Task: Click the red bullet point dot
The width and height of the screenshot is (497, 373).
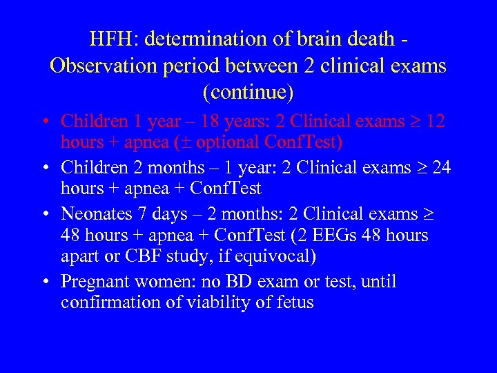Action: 43,122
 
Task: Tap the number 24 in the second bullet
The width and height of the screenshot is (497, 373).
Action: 440,167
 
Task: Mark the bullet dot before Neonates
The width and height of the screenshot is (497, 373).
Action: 43,215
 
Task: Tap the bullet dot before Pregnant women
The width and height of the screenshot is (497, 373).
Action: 43,283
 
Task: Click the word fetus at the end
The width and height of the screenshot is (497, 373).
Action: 294,302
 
